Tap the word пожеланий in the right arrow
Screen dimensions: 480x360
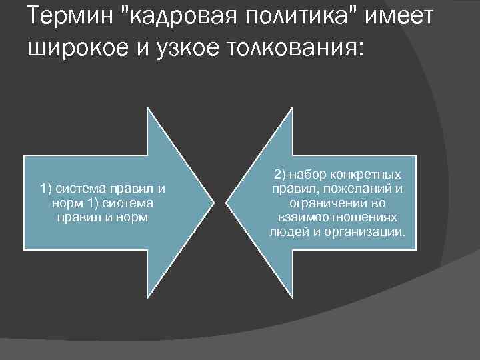[359, 189]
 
